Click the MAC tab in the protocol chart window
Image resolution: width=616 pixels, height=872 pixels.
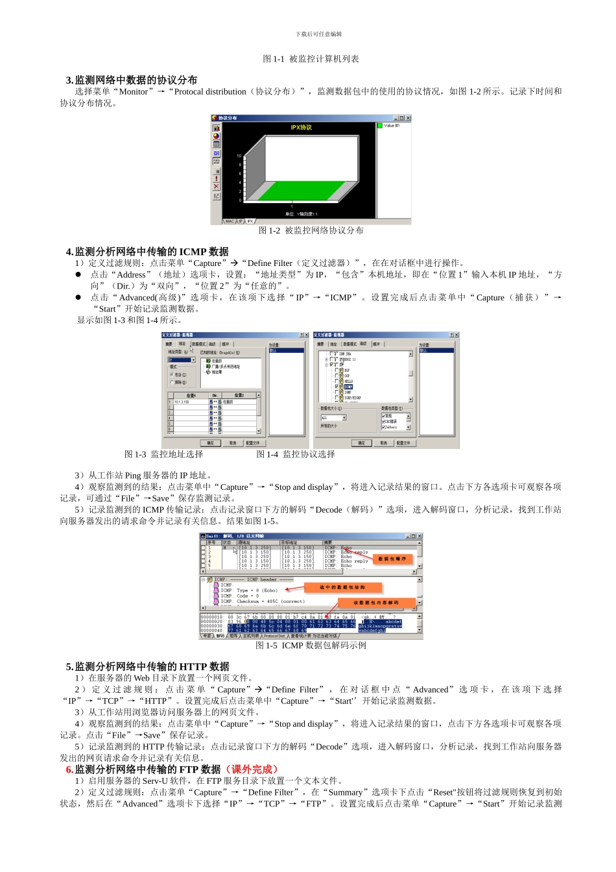(230, 221)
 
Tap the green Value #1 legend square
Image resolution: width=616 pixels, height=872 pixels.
(380, 126)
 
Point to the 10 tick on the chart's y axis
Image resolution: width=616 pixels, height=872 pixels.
(239, 156)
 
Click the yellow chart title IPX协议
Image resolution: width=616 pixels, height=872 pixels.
(301, 128)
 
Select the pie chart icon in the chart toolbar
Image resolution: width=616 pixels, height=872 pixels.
(217, 136)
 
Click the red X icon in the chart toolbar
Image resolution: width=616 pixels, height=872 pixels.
(217, 187)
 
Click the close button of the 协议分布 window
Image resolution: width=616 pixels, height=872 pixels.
(408, 118)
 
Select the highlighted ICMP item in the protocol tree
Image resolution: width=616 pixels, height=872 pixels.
(348, 387)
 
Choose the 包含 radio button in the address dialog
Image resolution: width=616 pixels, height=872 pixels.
(172, 375)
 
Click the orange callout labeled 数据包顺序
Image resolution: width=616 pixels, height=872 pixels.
(392, 559)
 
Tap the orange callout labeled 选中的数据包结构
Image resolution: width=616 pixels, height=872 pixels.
(342, 587)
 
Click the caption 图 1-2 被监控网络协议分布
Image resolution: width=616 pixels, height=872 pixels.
(311, 230)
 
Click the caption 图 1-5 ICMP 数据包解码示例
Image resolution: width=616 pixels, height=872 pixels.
(311, 646)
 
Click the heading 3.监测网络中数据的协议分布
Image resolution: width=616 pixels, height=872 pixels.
(131, 80)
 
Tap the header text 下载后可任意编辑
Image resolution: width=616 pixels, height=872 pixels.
(318, 34)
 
